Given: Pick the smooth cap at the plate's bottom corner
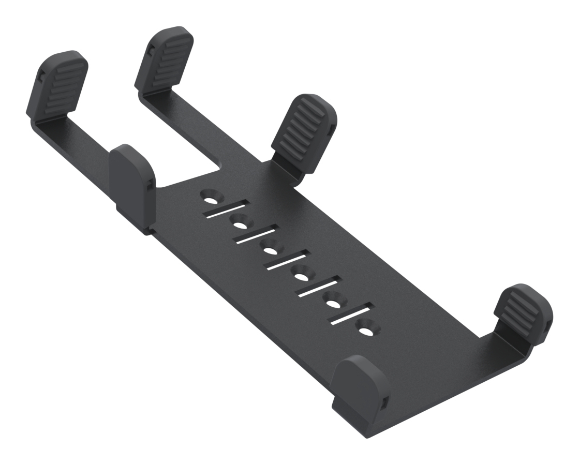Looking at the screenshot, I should coord(361,391).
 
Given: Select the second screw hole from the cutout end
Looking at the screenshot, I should coord(241,224).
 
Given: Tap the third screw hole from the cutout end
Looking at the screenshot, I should coord(271,250).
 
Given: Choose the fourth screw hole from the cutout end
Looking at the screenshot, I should coord(302,274).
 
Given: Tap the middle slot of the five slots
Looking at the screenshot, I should coord(285,262).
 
